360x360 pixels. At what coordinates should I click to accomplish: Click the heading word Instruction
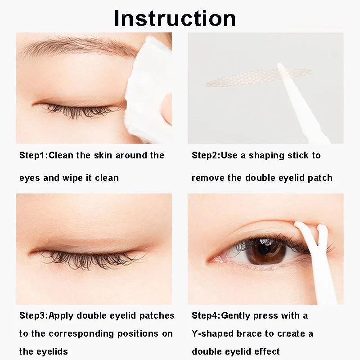click(175, 18)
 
